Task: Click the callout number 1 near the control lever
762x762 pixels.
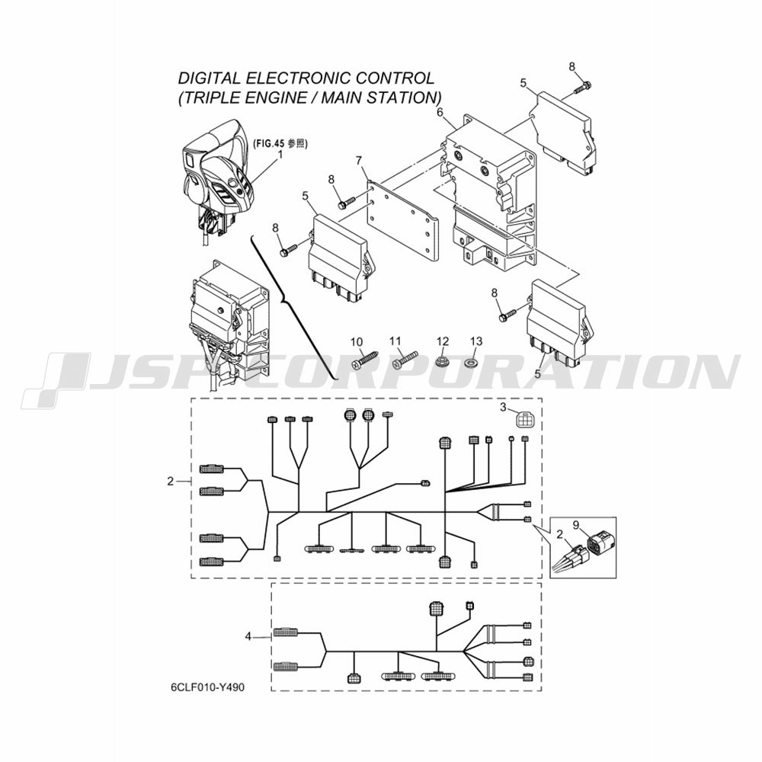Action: tap(280, 155)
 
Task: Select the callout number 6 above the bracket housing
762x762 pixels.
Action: tap(440, 113)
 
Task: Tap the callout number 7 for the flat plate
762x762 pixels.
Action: tap(359, 160)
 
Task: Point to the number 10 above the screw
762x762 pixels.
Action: tap(357, 342)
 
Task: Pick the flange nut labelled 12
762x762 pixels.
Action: tap(441, 362)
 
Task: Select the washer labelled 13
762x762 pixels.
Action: tap(471, 362)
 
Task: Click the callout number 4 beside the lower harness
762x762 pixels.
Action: tap(248, 636)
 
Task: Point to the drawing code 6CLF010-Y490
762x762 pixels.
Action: tap(208, 687)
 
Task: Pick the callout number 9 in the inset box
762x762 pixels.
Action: tap(576, 525)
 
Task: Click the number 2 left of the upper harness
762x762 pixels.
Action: tap(170, 481)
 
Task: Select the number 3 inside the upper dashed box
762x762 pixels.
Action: tap(503, 407)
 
